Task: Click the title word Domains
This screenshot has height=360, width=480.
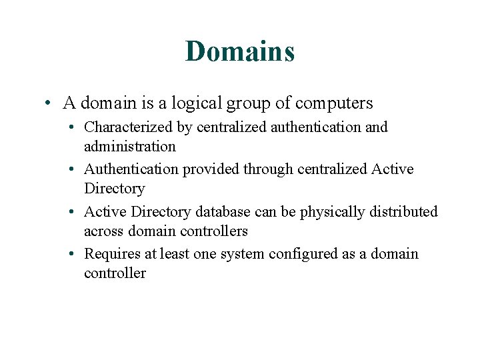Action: pos(240,51)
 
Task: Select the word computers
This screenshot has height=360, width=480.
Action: pos(334,103)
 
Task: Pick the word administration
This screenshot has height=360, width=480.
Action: pos(130,146)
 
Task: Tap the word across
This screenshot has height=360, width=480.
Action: pos(103,231)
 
